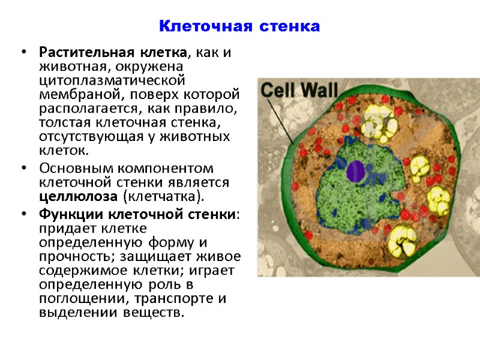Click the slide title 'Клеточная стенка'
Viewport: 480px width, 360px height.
239,27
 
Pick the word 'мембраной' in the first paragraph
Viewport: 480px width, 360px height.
72,94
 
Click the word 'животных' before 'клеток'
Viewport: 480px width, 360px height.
205,137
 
